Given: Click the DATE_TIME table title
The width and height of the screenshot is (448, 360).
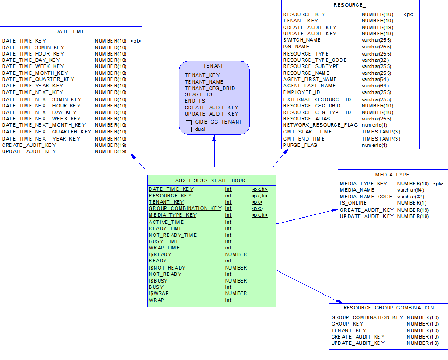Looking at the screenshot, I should [70, 31].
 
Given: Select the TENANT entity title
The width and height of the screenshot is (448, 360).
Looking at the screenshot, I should [213, 66].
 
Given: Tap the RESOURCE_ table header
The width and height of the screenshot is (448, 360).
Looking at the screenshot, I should [349, 5].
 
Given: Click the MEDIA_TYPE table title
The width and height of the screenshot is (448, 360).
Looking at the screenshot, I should [392, 175].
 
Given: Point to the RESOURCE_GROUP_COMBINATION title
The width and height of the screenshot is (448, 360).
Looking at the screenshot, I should [388, 308].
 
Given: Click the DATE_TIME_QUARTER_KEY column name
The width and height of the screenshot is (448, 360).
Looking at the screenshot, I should [39, 79].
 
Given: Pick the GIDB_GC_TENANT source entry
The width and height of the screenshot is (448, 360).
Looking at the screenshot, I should [218, 122].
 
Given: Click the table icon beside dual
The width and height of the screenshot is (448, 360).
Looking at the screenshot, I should [189, 129].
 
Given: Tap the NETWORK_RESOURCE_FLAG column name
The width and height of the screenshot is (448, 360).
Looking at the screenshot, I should [320, 125].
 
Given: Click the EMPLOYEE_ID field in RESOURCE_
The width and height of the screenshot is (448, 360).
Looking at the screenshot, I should [302, 92].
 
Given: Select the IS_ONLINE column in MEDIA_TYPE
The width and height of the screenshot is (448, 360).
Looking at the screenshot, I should [353, 203].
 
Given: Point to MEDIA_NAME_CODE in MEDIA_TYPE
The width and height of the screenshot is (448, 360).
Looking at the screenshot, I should [366, 197].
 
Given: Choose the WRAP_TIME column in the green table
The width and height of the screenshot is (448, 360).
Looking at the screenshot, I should [164, 248].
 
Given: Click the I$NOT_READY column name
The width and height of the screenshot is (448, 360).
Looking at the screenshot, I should [167, 268].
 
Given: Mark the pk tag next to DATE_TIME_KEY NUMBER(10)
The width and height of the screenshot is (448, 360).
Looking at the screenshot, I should [135, 41].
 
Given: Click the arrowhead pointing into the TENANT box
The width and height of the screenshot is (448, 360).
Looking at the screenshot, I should [214, 139].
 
